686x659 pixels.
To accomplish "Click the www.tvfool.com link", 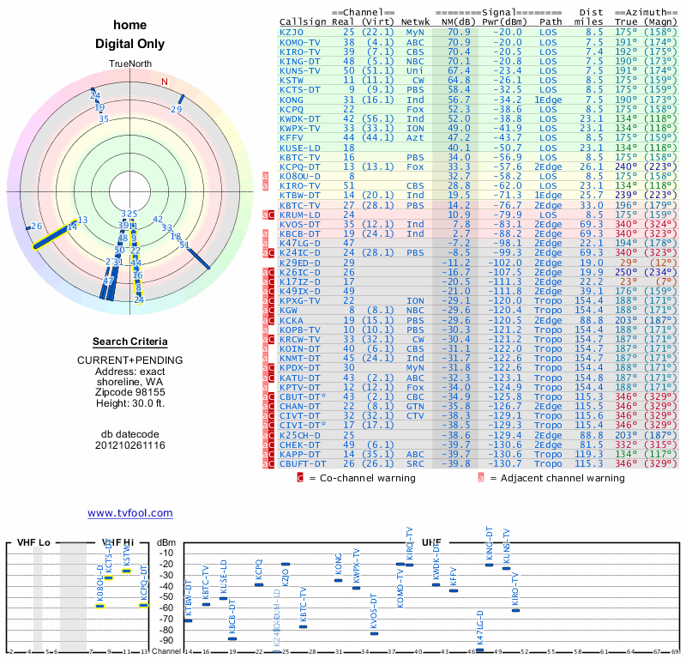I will pos(130,513).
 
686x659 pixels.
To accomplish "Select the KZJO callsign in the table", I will pos(292,32).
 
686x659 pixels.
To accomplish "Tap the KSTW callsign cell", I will pos(292,79).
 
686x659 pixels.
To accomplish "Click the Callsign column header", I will pos(304,21).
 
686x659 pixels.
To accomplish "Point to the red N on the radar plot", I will pos(165,82).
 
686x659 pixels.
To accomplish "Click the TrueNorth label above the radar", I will pos(129,65).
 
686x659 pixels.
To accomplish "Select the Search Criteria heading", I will pos(129,342).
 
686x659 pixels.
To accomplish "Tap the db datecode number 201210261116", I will pos(129,445).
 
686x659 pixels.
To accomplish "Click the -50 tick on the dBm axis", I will pos(166,597).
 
